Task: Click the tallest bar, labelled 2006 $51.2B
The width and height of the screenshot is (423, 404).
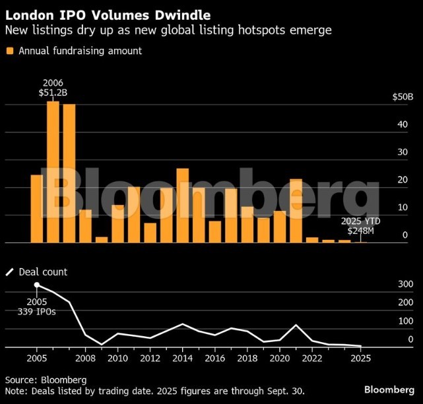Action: coord(53,171)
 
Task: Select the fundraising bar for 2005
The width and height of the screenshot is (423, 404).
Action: coord(37,208)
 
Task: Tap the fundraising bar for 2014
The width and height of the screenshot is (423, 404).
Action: coord(183,206)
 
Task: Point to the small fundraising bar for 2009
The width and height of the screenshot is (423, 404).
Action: coord(102,239)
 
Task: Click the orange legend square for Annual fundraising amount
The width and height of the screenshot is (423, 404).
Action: coord(10,51)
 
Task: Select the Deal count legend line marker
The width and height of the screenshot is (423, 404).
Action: coord(10,272)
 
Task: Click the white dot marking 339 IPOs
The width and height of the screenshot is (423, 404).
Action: coord(37,285)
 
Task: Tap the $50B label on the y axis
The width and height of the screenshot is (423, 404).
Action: coord(403,97)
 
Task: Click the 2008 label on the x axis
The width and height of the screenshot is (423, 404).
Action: coord(85,359)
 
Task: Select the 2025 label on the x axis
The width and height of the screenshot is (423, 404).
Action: coord(360,359)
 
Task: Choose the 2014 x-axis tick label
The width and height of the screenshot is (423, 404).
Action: coord(182,359)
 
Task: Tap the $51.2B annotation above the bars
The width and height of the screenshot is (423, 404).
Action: coord(53,93)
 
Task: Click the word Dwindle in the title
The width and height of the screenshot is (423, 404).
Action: coord(180,13)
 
